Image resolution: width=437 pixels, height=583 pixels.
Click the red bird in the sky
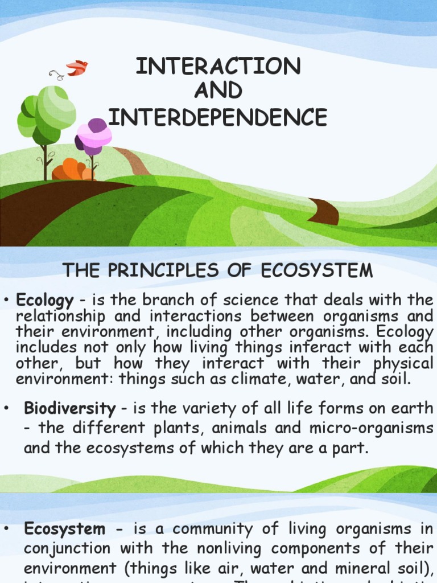77,68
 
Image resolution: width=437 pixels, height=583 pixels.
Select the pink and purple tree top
94,136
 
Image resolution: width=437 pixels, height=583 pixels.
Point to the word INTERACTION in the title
218,67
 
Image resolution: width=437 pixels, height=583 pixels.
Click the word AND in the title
218,91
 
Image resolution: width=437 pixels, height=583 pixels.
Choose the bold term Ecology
45,300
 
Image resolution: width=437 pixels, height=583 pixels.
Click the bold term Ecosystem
65,529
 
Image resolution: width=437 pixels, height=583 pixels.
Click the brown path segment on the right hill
324,211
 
